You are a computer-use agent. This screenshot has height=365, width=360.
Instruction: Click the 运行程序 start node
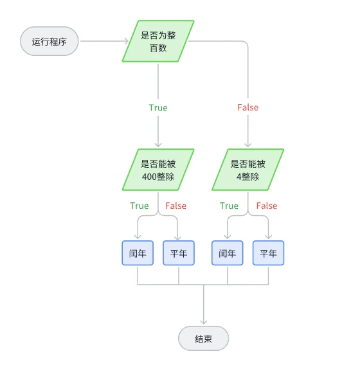[x=49, y=41]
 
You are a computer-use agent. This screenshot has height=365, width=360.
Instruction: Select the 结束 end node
[x=203, y=338]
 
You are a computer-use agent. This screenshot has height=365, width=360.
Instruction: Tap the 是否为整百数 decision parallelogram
[x=158, y=41]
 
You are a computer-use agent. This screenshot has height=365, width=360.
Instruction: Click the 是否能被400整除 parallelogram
[x=158, y=170]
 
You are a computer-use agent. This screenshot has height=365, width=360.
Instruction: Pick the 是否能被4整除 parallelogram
[x=248, y=170]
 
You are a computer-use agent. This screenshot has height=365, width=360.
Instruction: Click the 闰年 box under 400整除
[x=138, y=253]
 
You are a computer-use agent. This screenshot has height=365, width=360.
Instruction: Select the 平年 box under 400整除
[x=179, y=253]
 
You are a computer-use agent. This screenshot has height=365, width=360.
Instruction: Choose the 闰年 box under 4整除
[x=228, y=253]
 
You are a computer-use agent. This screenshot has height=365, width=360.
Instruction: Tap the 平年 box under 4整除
[x=268, y=253]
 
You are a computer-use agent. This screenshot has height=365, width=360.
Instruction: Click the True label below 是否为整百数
[x=158, y=108]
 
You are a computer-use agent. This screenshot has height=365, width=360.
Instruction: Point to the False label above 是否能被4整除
[x=248, y=107]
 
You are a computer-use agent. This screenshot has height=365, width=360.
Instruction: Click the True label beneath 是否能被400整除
[x=139, y=206]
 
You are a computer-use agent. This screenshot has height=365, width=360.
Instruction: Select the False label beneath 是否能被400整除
[x=175, y=206]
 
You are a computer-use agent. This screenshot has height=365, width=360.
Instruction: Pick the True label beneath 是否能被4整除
[x=229, y=206]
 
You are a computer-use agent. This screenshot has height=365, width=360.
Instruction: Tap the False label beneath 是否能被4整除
[x=267, y=206]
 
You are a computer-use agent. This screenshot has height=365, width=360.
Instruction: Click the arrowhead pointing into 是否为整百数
[x=127, y=41]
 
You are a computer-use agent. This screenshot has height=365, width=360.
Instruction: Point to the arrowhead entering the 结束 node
[x=204, y=323]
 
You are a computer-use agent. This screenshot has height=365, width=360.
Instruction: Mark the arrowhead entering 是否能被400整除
[x=158, y=145]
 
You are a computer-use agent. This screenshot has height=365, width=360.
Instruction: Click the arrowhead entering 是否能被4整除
[x=248, y=145]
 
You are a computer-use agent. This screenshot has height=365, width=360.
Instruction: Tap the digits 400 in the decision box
[x=149, y=177]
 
